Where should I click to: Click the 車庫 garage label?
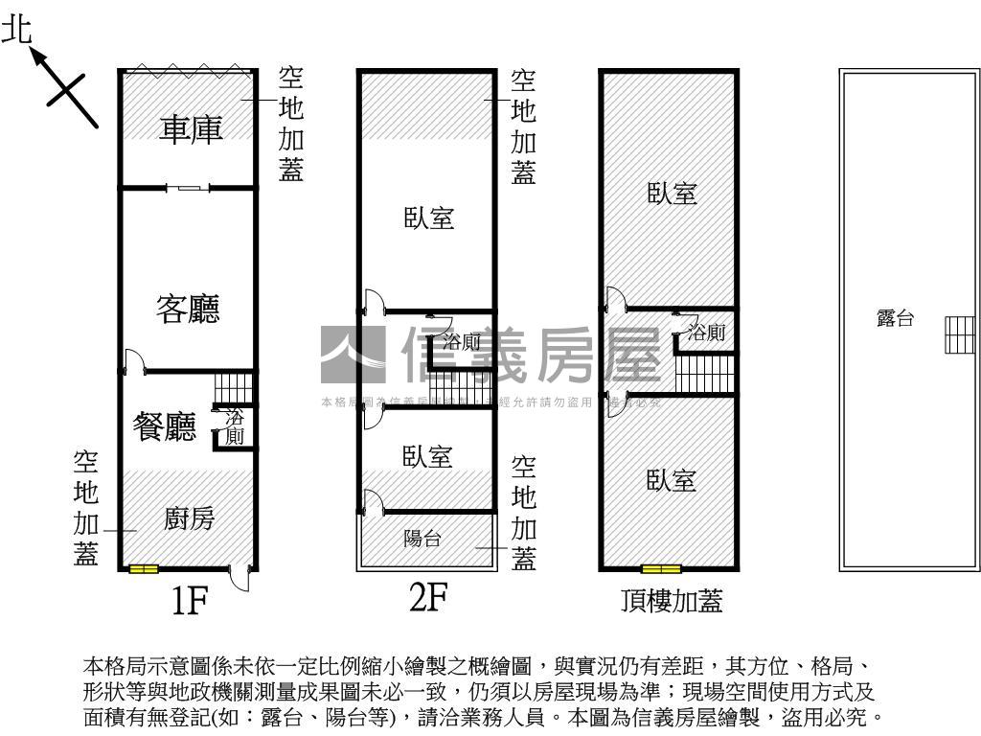point(191,128)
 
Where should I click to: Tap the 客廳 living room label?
point(188,309)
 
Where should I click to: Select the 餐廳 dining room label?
point(166,427)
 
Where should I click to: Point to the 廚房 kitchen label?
point(189,518)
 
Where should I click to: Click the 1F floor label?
point(190,601)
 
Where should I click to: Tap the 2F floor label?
point(428,598)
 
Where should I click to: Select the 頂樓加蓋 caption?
point(671,601)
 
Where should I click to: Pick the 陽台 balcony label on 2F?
point(422,539)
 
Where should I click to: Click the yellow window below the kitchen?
point(144,569)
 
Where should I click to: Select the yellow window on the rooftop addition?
point(661,569)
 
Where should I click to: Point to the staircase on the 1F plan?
point(234,388)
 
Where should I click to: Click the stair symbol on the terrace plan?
point(959,334)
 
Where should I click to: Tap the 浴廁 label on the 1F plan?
point(235,427)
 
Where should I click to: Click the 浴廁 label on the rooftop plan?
point(707,333)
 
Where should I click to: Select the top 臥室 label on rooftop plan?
point(672,194)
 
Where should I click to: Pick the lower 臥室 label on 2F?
point(427,456)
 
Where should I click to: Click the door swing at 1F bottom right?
point(244,579)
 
